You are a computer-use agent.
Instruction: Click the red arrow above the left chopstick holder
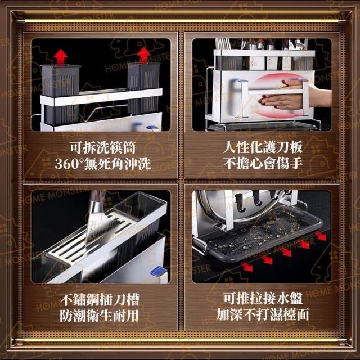click(61, 57)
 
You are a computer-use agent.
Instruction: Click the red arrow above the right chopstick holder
click(144, 55)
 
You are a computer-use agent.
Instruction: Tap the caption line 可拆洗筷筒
click(103, 147)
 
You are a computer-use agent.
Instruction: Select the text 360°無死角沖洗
click(102, 164)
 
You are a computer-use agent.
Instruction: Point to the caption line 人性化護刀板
click(263, 147)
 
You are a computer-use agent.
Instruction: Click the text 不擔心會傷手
click(263, 164)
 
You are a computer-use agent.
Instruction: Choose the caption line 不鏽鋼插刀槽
click(100, 299)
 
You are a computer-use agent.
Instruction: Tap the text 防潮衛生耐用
click(100, 316)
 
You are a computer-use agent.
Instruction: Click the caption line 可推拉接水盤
click(263, 298)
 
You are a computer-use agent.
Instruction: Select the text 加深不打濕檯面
click(263, 314)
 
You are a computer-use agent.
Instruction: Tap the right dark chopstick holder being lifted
click(143, 88)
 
